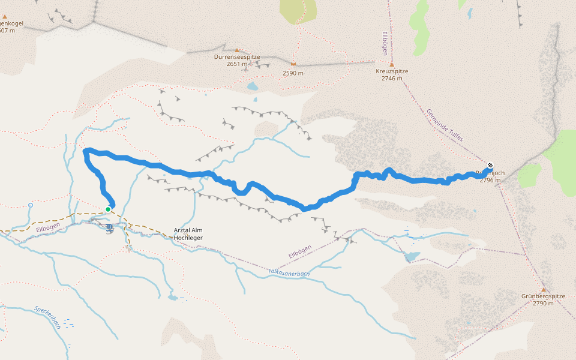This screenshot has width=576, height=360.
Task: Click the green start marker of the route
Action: coord(108,209)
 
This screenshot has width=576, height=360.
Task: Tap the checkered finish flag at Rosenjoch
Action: coord(491,166)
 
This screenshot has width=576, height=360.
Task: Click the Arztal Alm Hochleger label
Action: coord(188,234)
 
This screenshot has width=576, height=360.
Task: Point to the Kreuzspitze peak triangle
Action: coord(392,64)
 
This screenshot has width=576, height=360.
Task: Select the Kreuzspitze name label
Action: coord(392,71)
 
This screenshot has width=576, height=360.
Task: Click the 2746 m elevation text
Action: coord(392,78)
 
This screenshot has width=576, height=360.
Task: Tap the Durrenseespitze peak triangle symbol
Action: coord(237,50)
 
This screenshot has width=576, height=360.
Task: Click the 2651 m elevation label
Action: coord(237,64)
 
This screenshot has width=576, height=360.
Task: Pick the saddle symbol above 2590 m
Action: coord(293,64)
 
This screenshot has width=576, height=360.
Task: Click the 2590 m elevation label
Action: coord(293,73)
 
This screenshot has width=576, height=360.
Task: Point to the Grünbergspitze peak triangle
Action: coord(544,290)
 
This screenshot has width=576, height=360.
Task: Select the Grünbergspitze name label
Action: coord(544,296)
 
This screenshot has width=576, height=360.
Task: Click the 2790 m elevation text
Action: coord(544,304)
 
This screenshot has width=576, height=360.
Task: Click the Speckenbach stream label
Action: coord(47,317)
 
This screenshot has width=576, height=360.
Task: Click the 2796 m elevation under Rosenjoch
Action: coord(490,180)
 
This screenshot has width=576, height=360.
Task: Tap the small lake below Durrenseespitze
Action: coord(253,86)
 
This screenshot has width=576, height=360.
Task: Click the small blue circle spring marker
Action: coord(31,205)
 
